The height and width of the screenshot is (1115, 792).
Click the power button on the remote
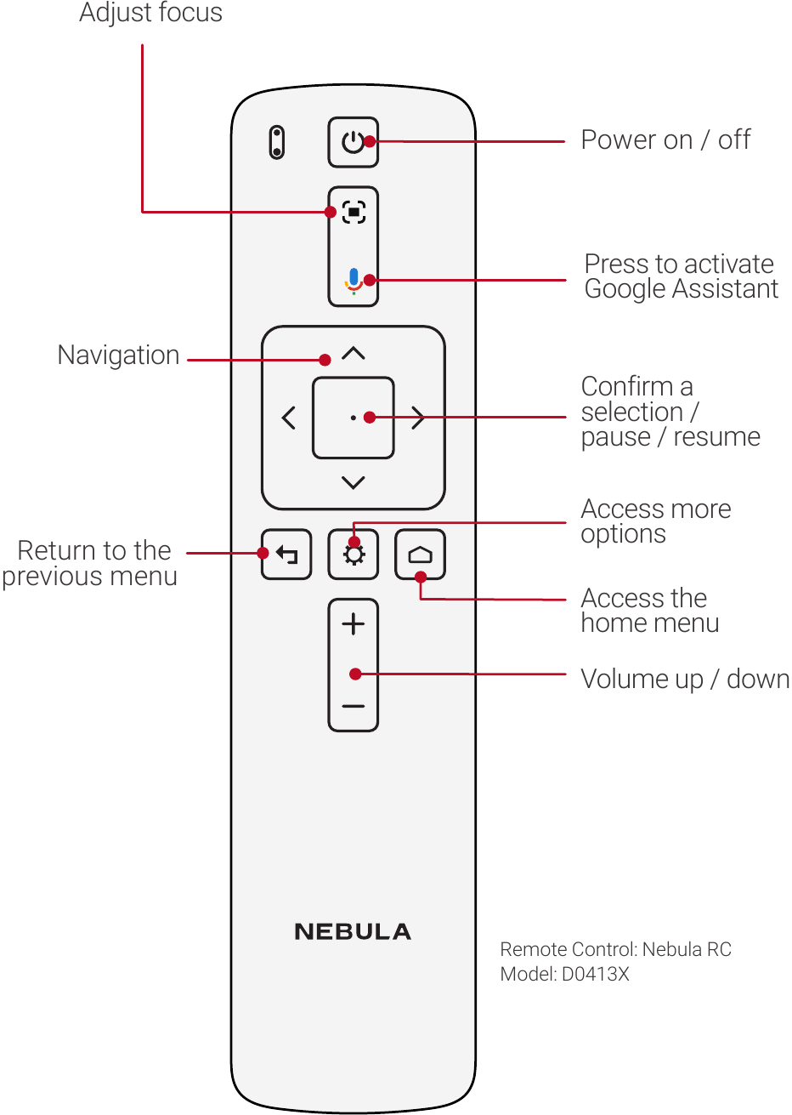point(353,142)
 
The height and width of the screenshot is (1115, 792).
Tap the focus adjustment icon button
point(354,212)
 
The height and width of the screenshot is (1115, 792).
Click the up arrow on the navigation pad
point(354,353)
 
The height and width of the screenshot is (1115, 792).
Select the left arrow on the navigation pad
point(289,418)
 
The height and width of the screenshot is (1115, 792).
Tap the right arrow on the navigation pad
point(418,418)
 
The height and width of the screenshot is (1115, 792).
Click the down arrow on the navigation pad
point(354,482)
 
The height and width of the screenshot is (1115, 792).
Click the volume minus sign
point(354,706)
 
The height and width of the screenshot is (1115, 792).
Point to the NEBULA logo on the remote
point(353,932)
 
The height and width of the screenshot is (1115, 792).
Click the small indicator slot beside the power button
point(276,142)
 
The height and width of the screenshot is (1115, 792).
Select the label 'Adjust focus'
point(150,13)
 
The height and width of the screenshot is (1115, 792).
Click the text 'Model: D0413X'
point(564,974)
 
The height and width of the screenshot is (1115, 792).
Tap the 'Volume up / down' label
point(685,679)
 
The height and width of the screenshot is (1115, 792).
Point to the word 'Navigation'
point(118,356)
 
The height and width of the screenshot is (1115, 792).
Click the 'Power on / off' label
point(665,139)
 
